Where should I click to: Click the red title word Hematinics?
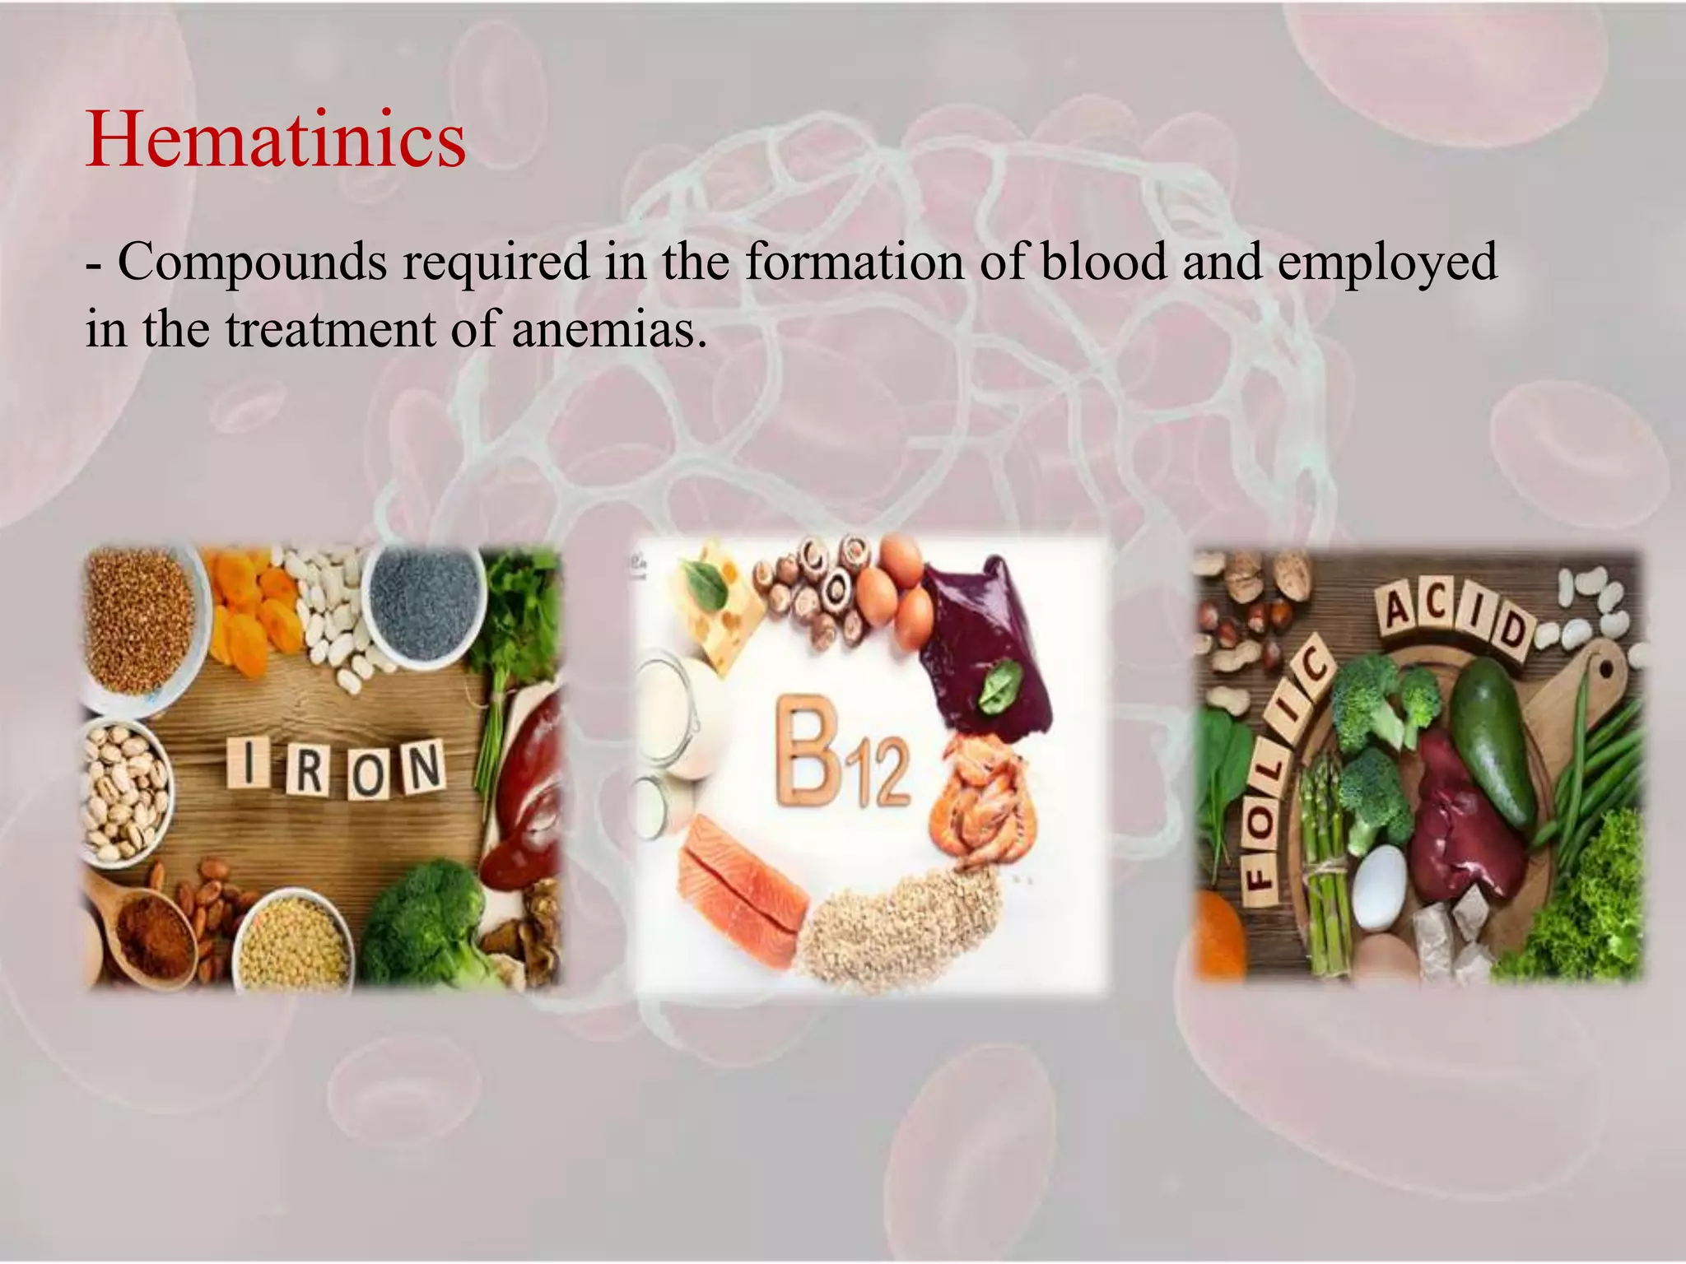click(275, 142)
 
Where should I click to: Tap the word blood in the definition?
click(1103, 262)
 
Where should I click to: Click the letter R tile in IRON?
click(307, 770)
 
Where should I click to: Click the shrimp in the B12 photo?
click(985, 802)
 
